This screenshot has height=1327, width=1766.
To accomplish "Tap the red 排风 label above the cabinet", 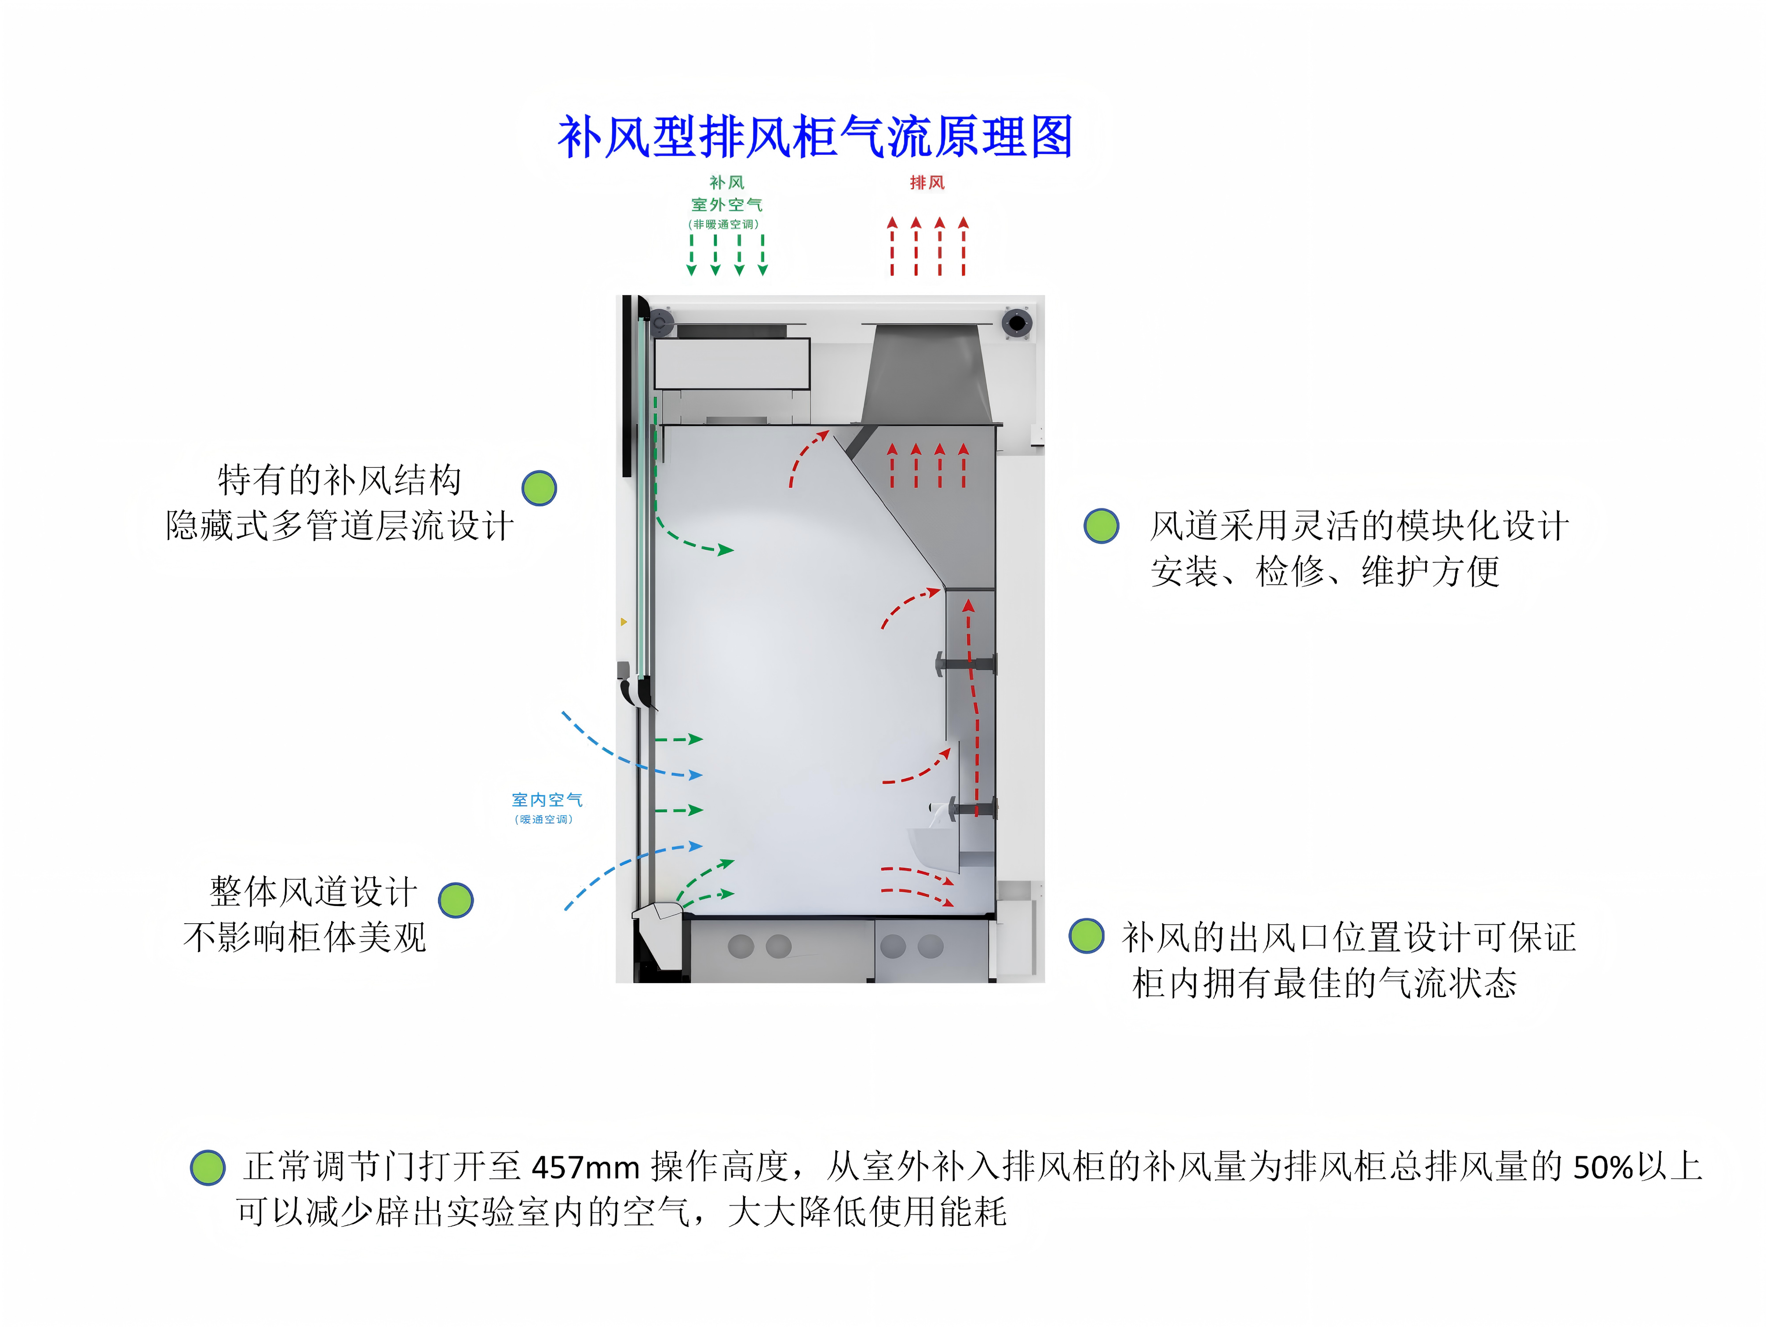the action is [927, 183].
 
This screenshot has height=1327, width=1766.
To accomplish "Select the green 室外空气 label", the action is [726, 205].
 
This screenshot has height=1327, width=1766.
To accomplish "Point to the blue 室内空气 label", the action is [547, 799].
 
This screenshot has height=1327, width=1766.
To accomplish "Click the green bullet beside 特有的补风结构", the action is [539, 488].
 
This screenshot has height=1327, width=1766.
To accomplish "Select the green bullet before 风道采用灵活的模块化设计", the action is [1101, 526].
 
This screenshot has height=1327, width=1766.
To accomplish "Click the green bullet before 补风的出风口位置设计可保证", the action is [1087, 936].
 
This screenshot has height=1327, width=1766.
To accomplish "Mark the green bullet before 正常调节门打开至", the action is [208, 1167].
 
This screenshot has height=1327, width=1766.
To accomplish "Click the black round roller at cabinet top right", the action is [1016, 322].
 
